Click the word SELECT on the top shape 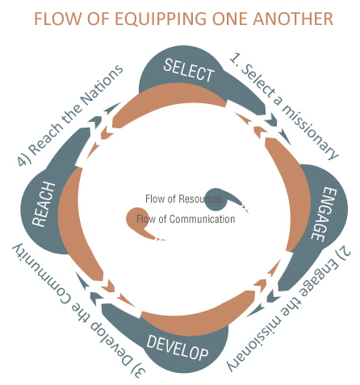(189, 70)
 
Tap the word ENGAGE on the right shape (324, 214)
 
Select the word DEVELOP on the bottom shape (178, 348)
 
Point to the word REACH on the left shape (44, 204)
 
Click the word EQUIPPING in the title (161, 19)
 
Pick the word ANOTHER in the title (293, 19)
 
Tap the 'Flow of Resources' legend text (183, 199)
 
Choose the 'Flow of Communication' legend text (186, 219)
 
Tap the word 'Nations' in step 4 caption (103, 86)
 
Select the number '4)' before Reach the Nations (23, 160)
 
